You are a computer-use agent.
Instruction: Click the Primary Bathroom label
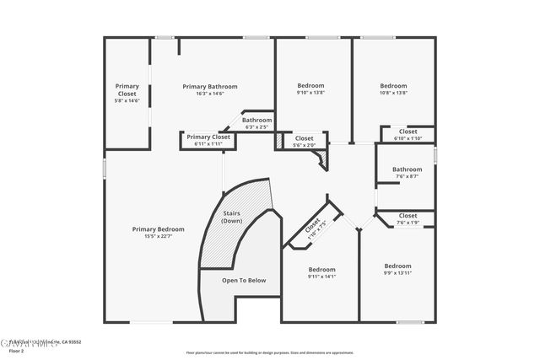tap(210, 87)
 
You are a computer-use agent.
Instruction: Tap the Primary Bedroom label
tap(158, 229)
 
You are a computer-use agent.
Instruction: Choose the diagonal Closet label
tap(313, 228)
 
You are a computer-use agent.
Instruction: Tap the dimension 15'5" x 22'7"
tap(158, 236)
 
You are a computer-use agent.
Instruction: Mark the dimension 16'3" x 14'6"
tap(210, 93)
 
